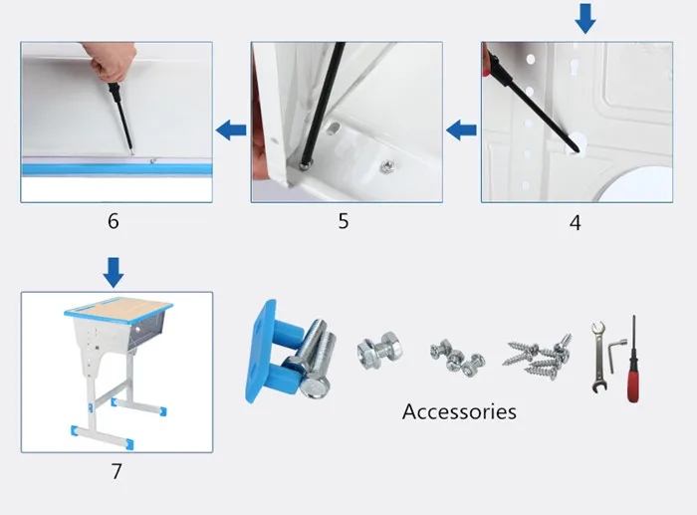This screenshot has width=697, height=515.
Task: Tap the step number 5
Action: click(x=344, y=221)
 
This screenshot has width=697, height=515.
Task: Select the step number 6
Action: click(x=114, y=221)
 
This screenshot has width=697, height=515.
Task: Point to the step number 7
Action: click(x=116, y=471)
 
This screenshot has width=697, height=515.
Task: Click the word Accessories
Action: click(x=459, y=411)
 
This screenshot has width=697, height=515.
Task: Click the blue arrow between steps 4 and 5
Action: click(x=461, y=129)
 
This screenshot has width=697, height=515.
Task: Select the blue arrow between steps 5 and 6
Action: click(x=231, y=129)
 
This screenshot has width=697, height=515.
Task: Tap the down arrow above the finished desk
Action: click(x=114, y=271)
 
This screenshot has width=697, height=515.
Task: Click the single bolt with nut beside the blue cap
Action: click(x=379, y=352)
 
